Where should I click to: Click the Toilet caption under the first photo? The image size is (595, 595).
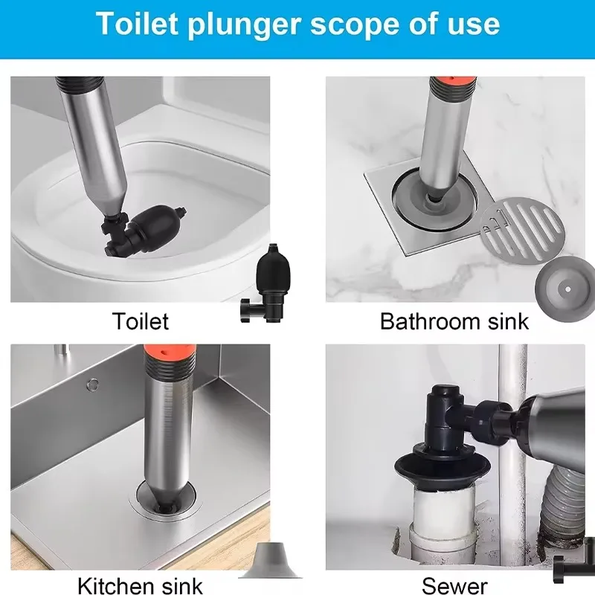point(141,321)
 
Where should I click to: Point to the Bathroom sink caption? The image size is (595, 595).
point(454,321)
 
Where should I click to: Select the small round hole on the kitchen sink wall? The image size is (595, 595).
point(92,385)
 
